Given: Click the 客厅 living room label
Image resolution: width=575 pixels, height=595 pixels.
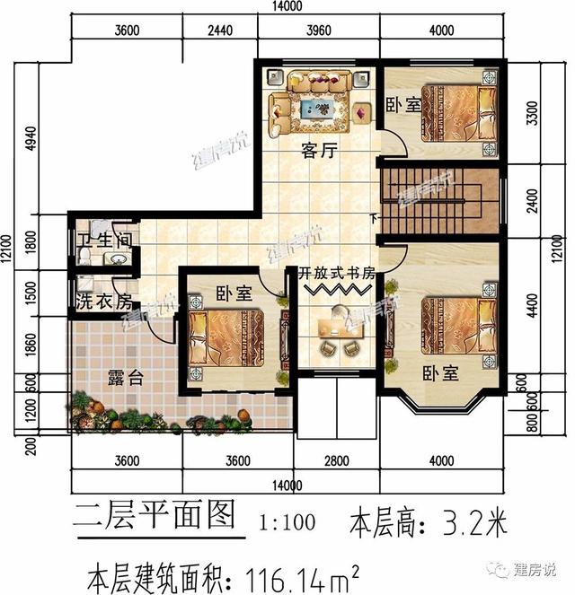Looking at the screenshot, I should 318,153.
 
